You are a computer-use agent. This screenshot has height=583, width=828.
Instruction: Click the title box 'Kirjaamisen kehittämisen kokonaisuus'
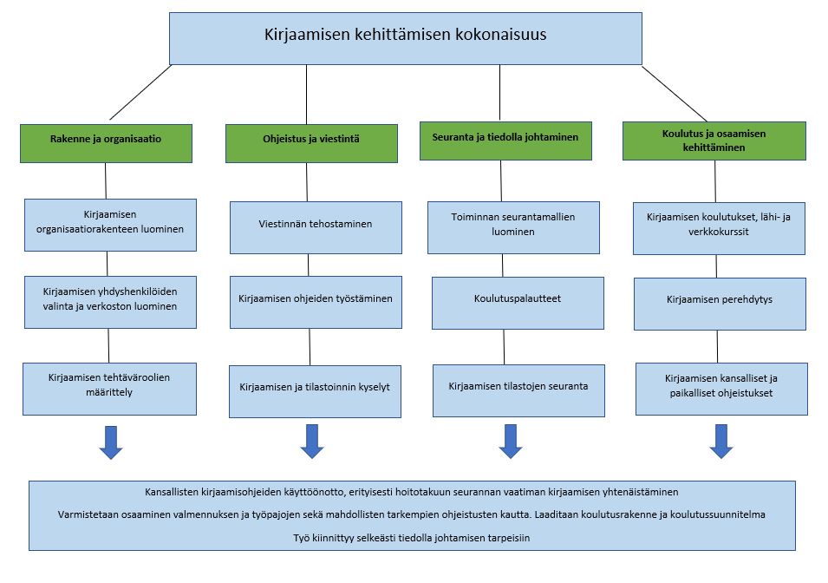click(406, 38)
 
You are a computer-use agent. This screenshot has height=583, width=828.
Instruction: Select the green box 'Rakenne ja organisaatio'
click(106, 143)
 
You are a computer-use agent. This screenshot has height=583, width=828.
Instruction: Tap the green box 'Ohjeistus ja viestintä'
click(311, 143)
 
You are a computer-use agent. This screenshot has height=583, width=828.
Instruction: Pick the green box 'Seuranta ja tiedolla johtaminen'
click(505, 141)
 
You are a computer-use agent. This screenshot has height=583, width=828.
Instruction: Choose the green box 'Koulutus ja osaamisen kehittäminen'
click(714, 141)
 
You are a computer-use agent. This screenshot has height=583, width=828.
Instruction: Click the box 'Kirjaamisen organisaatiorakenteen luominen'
click(110, 226)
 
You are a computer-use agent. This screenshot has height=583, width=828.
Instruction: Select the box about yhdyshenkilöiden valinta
click(110, 302)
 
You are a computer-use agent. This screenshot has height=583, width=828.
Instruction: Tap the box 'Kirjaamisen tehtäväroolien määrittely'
click(109, 389)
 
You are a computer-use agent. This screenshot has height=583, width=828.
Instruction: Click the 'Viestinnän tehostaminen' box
click(316, 228)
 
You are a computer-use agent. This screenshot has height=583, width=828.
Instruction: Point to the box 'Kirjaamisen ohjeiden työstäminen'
click(316, 302)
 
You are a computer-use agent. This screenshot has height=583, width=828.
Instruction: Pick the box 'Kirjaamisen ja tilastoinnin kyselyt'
click(315, 391)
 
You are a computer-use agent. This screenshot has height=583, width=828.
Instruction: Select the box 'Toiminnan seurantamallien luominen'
click(513, 228)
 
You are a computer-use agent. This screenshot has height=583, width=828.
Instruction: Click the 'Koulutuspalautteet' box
click(518, 304)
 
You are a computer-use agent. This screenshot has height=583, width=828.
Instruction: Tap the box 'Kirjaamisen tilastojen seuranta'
click(518, 390)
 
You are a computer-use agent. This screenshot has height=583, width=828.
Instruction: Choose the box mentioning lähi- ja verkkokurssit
click(720, 228)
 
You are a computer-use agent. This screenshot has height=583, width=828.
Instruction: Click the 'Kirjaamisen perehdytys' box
click(720, 304)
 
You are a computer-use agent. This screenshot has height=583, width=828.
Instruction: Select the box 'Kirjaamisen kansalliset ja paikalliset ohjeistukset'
click(721, 389)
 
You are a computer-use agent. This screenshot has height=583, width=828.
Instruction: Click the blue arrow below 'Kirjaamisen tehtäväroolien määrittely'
click(111, 442)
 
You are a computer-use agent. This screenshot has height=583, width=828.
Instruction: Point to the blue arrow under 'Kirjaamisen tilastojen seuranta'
click(511, 442)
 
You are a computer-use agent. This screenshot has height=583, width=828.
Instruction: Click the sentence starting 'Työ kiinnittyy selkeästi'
click(412, 538)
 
